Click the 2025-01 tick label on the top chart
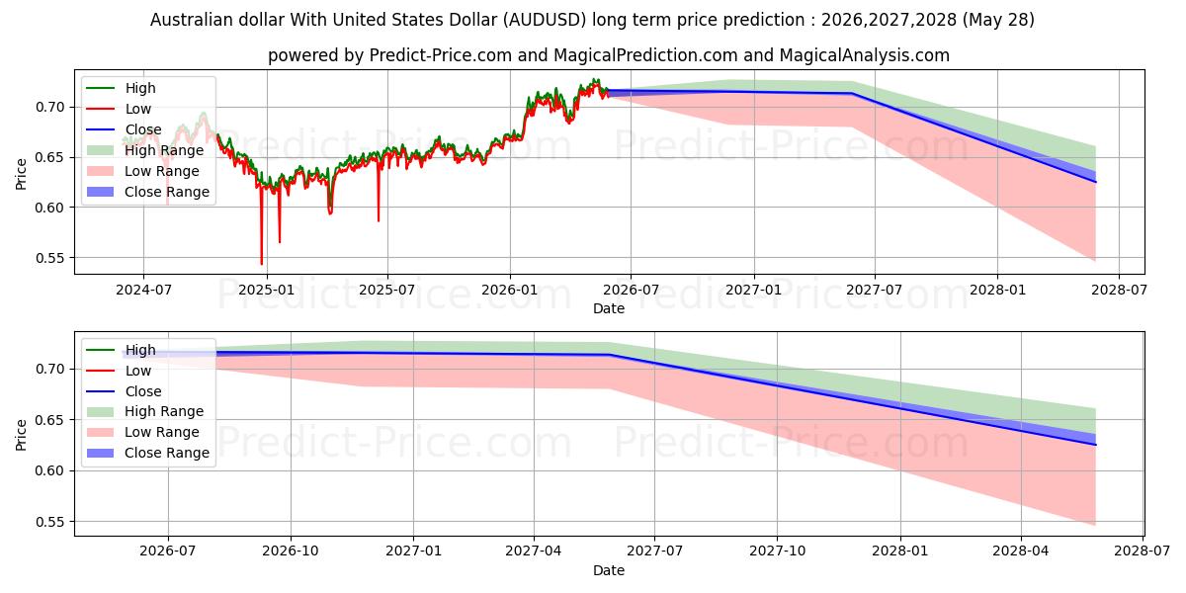pos(267,290)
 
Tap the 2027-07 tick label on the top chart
pos(874,290)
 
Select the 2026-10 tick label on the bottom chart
pos(291,551)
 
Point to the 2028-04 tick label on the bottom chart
pos(1021,551)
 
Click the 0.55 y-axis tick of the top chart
pos(49,258)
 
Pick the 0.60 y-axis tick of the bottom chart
pos(49,470)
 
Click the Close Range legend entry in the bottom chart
pos(147,453)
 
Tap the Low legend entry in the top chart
pos(119,109)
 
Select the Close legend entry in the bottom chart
pos(124,391)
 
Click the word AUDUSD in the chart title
pos(545,20)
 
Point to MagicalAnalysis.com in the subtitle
pos(865,55)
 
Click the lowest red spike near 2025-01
pos(262,264)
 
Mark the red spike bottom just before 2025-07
pos(379,220)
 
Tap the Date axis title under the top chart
pos(609,308)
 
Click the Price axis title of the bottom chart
pos(21,435)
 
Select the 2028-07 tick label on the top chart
pos(1119,290)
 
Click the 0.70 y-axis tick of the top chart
pos(49,107)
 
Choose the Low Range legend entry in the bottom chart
pos(143,432)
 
